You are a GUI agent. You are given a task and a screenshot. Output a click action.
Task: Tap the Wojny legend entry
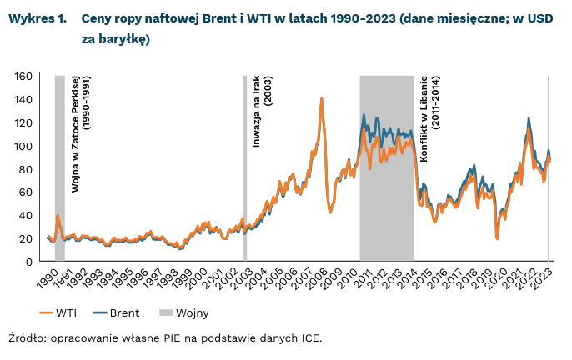(x=189, y=313)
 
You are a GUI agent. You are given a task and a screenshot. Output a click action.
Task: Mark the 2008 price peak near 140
(x=321, y=99)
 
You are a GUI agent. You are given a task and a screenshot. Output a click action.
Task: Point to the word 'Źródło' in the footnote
(x=26, y=338)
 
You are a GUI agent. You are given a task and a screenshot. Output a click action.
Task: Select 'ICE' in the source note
(x=309, y=338)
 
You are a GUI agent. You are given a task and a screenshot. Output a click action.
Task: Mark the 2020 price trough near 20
(x=497, y=238)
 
